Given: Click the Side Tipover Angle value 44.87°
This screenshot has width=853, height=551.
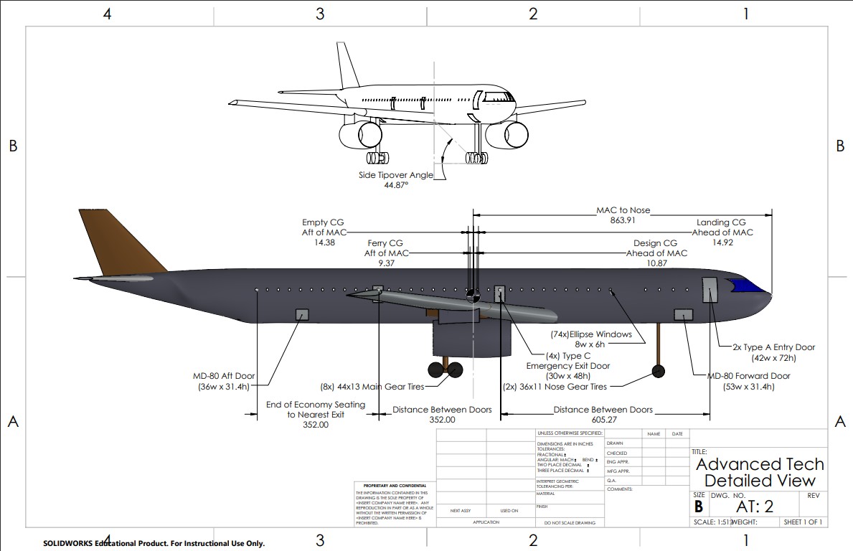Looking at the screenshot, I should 395,185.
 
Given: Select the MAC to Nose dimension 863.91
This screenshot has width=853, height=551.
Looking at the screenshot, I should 623,220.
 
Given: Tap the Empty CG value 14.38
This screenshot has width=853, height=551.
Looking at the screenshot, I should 324,242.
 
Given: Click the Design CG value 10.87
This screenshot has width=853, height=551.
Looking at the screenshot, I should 656,263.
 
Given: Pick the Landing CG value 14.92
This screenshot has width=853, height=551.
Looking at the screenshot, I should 722,242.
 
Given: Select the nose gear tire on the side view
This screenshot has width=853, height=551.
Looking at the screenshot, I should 658,370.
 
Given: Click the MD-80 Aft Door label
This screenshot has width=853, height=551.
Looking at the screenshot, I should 223,377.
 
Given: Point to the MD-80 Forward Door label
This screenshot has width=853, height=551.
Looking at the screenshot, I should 748,377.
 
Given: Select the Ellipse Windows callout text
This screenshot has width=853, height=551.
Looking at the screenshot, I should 591,334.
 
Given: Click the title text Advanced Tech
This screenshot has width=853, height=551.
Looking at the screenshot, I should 760,464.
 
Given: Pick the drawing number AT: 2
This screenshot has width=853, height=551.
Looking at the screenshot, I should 755,506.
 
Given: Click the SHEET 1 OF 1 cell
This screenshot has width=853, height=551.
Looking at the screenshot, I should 803,522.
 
